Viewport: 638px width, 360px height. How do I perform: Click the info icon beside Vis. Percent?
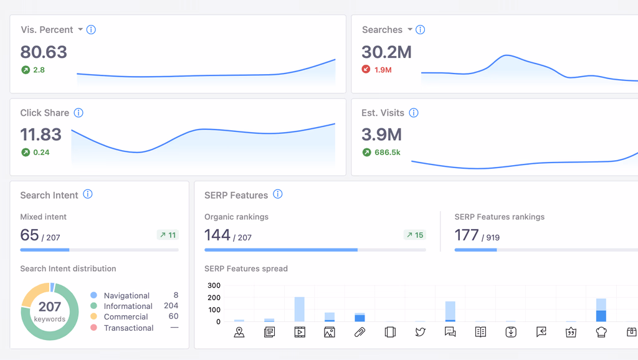coord(91,29)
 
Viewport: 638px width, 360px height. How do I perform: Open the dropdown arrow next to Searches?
coord(410,29)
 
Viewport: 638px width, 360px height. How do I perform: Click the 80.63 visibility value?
coord(44,52)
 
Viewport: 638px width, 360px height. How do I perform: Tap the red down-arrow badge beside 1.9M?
coord(366,70)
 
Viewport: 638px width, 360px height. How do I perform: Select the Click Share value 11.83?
coord(41,135)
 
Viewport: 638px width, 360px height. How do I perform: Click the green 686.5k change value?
coord(387,152)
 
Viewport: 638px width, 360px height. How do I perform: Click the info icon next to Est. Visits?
coord(414,113)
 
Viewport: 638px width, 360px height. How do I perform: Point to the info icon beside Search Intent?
coord(88,194)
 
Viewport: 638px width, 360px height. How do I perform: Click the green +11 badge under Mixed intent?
coord(168,235)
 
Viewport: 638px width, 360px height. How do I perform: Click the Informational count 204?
coord(171,306)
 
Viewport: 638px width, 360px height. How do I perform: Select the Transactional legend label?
coord(128,328)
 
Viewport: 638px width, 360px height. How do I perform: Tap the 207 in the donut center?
coord(50,306)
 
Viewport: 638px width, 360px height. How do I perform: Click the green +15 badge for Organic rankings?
coord(414,235)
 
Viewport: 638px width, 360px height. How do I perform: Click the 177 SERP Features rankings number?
coord(467,235)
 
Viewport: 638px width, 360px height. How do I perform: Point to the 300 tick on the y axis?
coord(214,285)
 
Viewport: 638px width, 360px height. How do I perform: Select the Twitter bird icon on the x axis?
coord(420,332)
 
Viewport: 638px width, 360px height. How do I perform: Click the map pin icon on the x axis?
coord(239,332)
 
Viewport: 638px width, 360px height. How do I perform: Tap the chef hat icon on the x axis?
coord(601,332)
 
